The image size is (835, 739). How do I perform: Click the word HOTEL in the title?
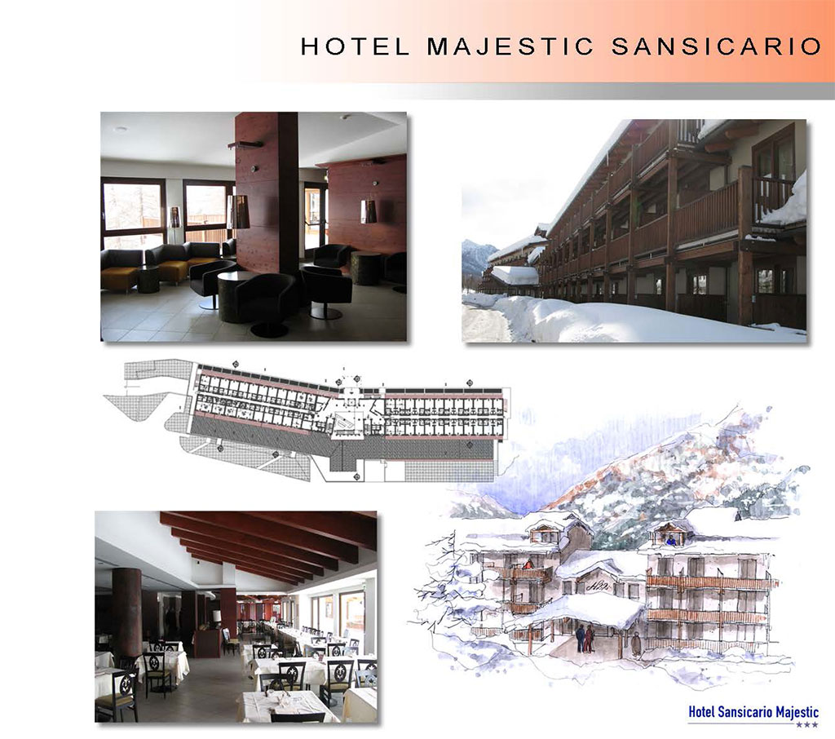[x=356, y=46]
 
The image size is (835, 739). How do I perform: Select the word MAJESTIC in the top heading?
[x=510, y=46]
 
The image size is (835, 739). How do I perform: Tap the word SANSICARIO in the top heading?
[x=716, y=46]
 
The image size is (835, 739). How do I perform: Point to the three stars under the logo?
[x=806, y=725]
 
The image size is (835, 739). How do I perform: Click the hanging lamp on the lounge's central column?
[x=239, y=212]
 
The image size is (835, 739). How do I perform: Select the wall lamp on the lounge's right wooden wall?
[x=369, y=211]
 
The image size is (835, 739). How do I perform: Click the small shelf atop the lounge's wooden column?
[x=245, y=144]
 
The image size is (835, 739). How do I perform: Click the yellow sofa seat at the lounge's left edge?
[x=119, y=278]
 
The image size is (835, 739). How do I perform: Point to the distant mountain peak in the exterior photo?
[x=474, y=250]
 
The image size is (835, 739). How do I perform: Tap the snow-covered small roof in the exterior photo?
[x=515, y=274]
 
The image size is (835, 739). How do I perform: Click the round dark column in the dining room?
[x=126, y=612]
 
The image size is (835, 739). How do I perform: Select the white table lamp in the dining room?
[x=217, y=617]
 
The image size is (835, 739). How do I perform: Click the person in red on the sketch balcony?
[x=528, y=564]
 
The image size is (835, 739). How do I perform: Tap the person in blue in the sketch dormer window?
[x=671, y=540]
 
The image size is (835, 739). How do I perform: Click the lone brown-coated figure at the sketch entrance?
[x=636, y=644]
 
